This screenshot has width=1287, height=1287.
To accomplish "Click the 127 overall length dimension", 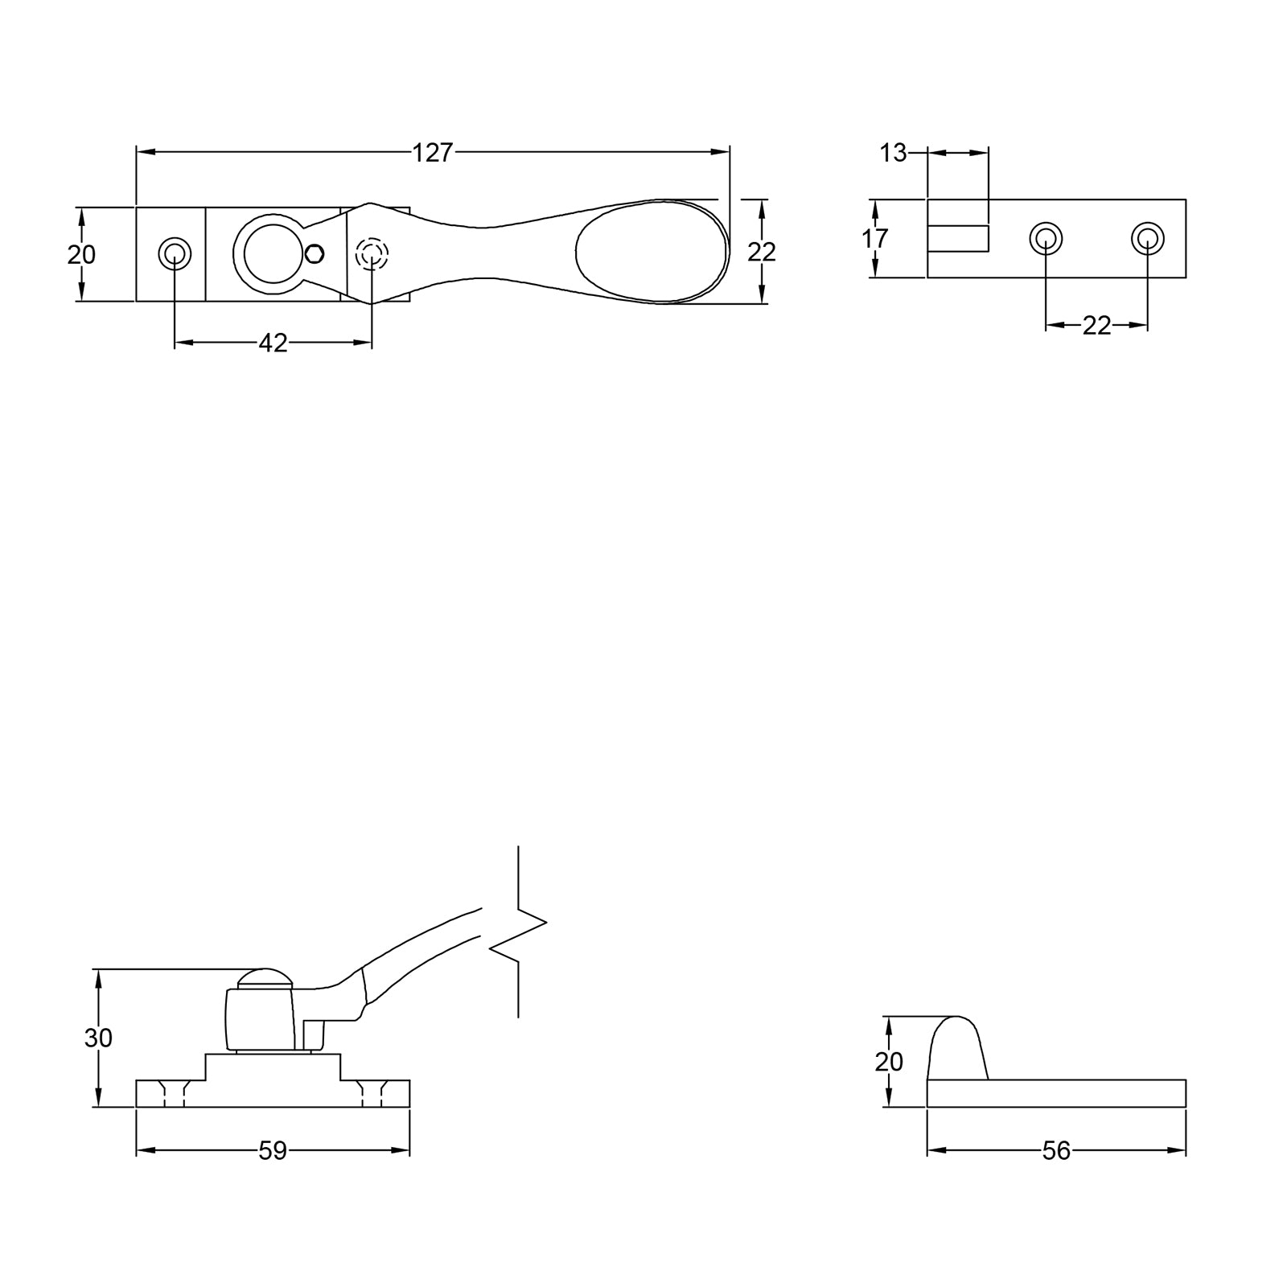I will tap(433, 152).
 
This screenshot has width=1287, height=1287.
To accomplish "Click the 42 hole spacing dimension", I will tap(273, 343).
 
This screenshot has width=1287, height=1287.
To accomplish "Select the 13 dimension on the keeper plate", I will tap(893, 152).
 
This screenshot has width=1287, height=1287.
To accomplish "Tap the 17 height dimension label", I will tap(874, 238).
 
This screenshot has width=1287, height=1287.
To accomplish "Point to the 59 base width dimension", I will tap(273, 1151).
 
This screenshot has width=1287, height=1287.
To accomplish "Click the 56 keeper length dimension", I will tap(1056, 1151).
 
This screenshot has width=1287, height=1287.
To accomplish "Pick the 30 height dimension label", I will tap(98, 1038).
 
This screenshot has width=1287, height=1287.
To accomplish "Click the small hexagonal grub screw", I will tap(316, 254).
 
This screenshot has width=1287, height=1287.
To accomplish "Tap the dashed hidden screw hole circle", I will tap(372, 254).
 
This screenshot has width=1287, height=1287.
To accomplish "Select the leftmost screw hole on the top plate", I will tap(174, 254).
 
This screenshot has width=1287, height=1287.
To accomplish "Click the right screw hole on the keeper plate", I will tap(1147, 238).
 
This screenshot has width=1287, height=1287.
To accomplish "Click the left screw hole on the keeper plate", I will tap(1046, 238).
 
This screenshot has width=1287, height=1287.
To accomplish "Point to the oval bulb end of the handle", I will tap(652, 251).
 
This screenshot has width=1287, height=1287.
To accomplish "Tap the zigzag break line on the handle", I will tap(518, 933).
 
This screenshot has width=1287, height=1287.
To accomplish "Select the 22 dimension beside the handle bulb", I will tap(761, 252).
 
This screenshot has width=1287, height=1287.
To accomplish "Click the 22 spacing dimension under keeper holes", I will tap(1096, 325).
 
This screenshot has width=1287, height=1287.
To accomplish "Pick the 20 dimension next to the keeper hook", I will tap(889, 1062).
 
